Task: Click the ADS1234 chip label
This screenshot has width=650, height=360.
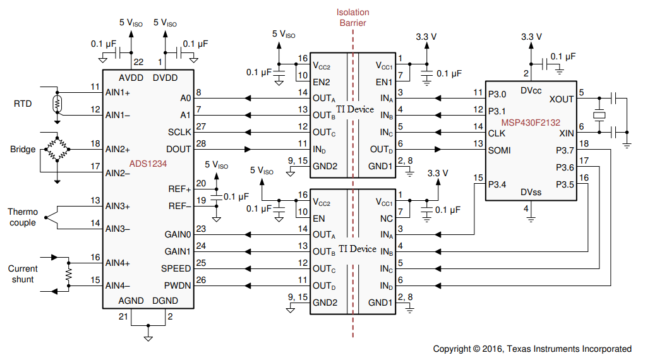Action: tap(147, 164)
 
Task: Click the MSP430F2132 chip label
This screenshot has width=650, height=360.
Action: tap(531, 122)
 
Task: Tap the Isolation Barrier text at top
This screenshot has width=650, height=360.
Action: tap(352, 18)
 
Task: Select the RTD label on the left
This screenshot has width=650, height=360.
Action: tap(23, 104)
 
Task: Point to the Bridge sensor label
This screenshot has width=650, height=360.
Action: tap(23, 150)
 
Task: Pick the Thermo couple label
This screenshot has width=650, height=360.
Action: tap(23, 217)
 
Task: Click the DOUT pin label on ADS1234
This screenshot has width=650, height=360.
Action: tap(178, 149)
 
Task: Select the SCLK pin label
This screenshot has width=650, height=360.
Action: tap(179, 132)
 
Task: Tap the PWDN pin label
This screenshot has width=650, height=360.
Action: tap(178, 285)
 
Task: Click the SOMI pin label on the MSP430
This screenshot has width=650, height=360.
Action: tap(500, 150)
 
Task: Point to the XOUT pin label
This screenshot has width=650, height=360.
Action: tap(562, 99)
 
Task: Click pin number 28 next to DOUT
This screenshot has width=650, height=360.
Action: tap(200, 144)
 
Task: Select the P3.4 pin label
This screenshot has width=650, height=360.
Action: tap(498, 184)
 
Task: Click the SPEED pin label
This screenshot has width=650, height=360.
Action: tap(176, 268)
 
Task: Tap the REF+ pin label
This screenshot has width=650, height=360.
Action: tap(180, 189)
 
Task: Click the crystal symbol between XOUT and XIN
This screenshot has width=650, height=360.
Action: tap(599, 116)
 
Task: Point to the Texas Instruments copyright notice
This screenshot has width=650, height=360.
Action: tap(532, 349)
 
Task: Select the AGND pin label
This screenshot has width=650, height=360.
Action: tap(132, 301)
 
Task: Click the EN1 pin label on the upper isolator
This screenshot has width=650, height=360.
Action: tap(384, 82)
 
